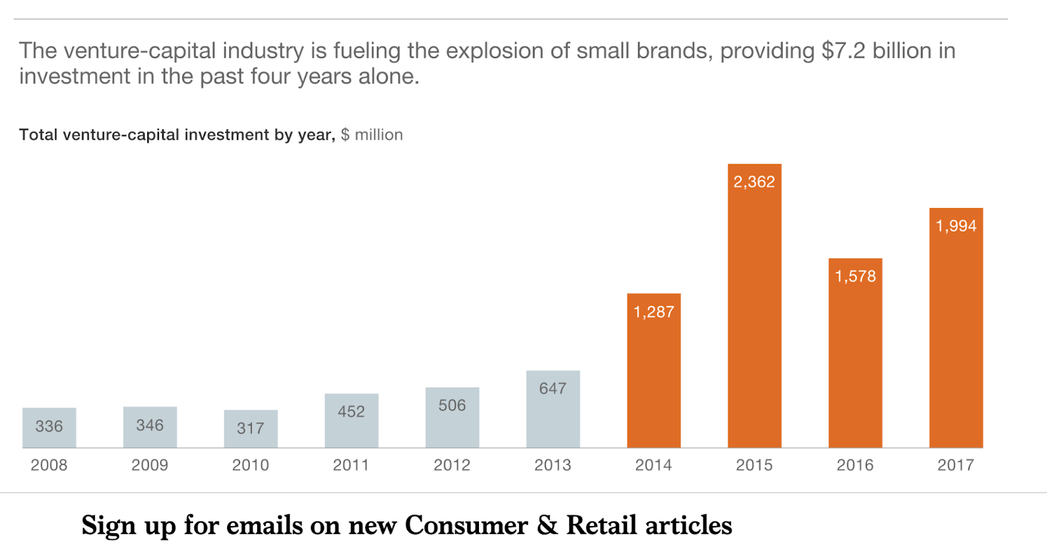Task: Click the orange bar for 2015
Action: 754,314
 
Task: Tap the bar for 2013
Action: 553,412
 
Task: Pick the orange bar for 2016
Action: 855,360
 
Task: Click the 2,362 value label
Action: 754,182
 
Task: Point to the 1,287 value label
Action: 654,312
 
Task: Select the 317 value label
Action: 251,429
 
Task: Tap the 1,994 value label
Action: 956,226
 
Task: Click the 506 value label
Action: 452,406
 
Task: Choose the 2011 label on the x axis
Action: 351,465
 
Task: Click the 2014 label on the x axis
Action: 654,465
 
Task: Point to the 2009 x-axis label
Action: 150,465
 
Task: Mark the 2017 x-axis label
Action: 956,465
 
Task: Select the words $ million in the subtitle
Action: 372,135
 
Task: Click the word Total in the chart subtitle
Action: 39,135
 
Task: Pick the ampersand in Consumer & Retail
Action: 547,525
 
